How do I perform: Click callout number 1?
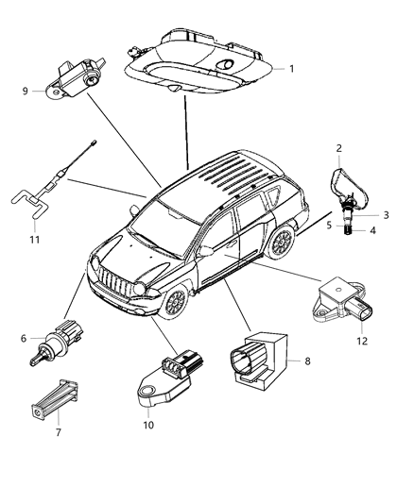tap(291, 68)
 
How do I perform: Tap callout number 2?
tap(338, 148)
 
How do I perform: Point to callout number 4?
tap(372, 229)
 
